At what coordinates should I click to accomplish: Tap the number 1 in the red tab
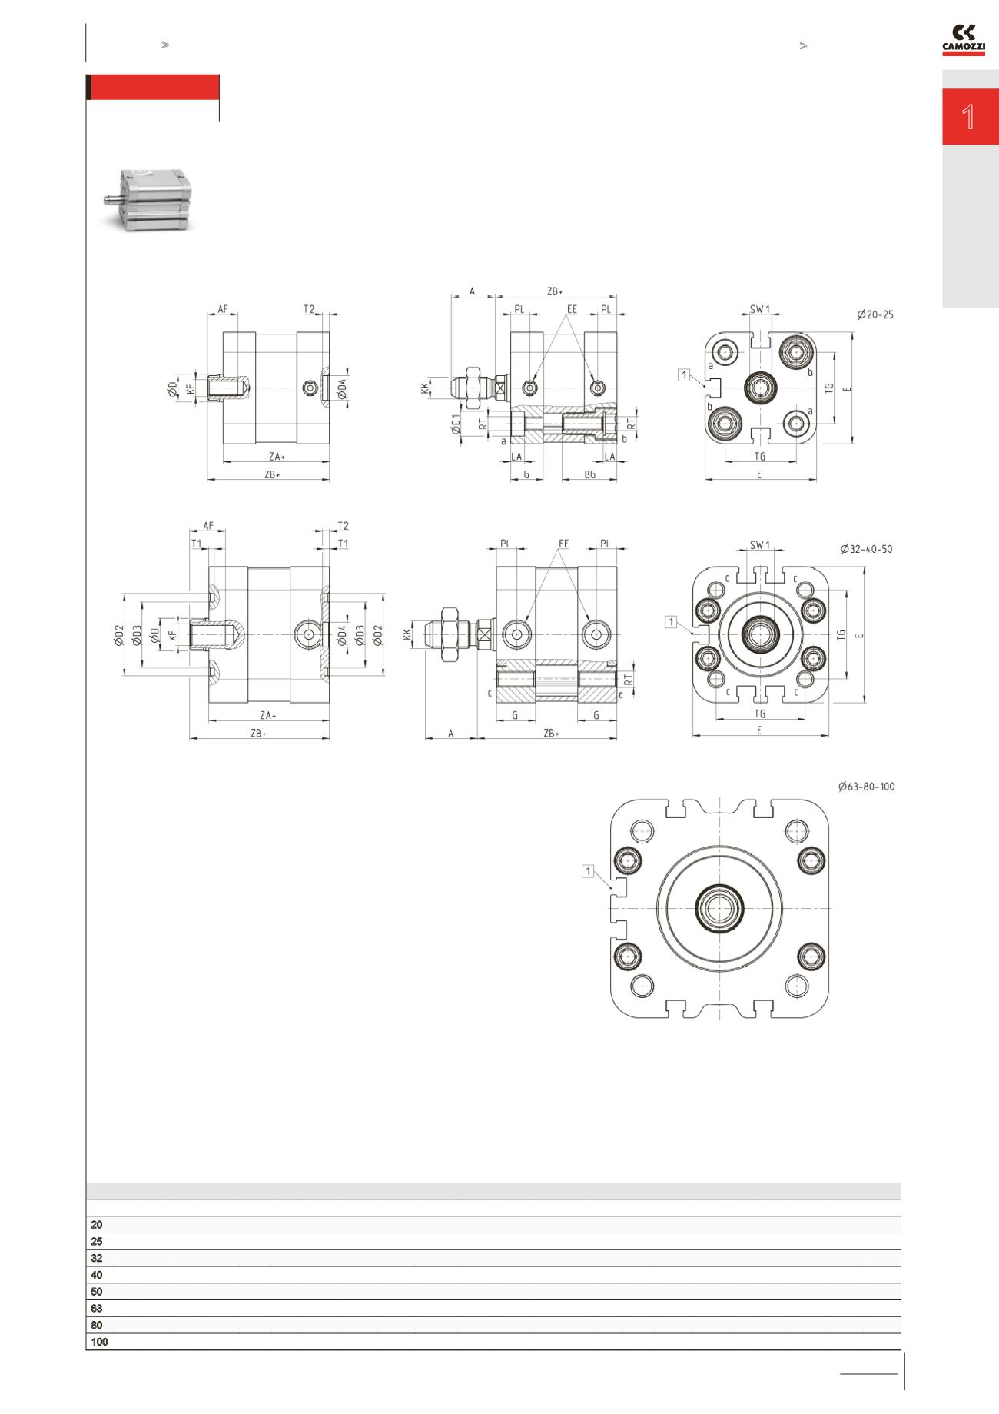coord(969,117)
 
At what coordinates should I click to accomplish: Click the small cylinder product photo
coord(145,200)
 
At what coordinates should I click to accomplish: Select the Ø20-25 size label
coord(875,314)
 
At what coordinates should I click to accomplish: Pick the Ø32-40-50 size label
coord(866,549)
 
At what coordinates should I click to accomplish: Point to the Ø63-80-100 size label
coord(866,787)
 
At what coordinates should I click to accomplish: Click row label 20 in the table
coord(96,1225)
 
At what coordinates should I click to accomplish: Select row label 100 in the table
coord(99,1342)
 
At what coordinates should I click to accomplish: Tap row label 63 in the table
coord(96,1308)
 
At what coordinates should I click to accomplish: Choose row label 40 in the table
coord(96,1275)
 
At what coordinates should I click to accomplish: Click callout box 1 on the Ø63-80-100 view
coord(589,871)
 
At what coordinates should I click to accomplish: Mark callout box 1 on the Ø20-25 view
coord(684,374)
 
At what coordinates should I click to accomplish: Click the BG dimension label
coord(589,474)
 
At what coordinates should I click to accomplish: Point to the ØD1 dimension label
coord(456,424)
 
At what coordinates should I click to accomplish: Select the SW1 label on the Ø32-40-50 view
coord(759,545)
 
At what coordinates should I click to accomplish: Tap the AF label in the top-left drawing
coord(223,309)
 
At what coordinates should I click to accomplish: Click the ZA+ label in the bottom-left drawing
coord(267,715)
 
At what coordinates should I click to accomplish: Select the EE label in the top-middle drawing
coord(572,309)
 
